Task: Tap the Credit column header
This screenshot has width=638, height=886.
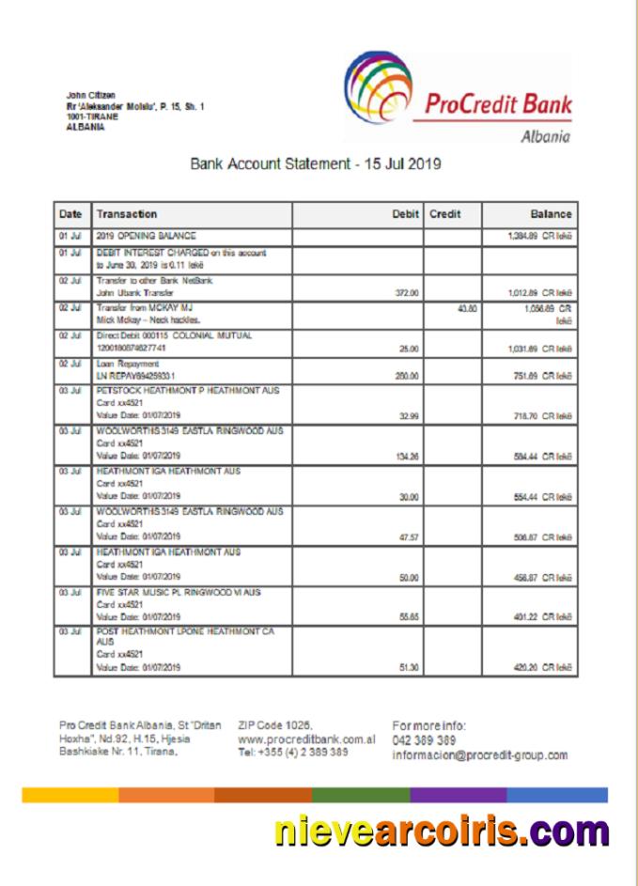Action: click(x=445, y=214)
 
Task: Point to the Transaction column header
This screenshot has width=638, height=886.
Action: click(x=127, y=214)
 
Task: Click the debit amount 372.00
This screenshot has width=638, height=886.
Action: click(x=406, y=292)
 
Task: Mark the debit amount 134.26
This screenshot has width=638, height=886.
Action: click(x=405, y=459)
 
